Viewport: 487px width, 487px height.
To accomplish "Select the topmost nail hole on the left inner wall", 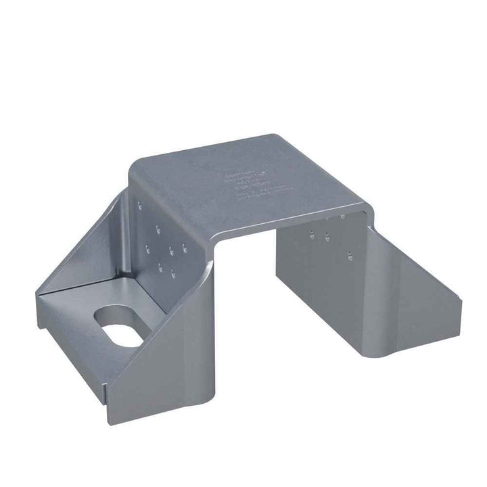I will click(141, 204).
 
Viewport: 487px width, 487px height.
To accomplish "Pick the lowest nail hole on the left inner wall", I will click(175, 276).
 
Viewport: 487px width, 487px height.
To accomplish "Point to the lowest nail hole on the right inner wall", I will click(350, 256).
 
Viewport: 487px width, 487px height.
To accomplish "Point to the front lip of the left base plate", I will click(71, 352).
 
